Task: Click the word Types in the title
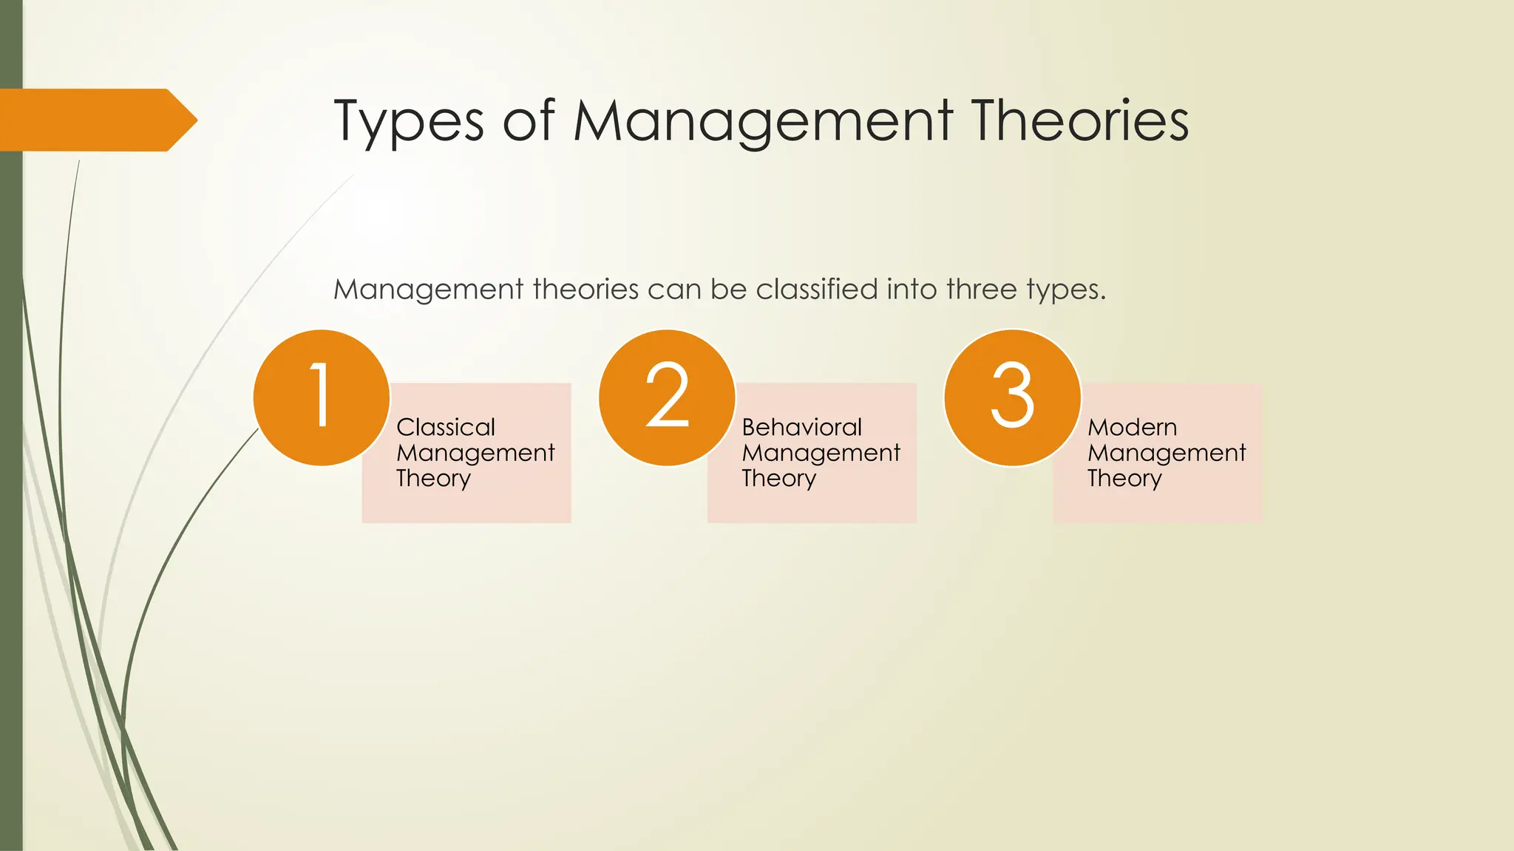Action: (408, 122)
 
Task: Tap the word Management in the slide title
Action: (763, 122)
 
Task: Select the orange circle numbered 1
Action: (321, 397)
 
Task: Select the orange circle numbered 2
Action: (667, 397)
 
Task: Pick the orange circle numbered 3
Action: (1012, 397)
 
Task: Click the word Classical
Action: (445, 427)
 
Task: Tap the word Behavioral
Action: (801, 427)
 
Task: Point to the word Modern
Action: (1132, 427)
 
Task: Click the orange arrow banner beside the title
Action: (92, 120)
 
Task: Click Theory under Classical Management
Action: (433, 479)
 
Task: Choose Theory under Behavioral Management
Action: (778, 479)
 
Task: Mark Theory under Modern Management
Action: (1124, 479)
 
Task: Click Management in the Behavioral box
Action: (821, 453)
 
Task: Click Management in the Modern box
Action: (1167, 453)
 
